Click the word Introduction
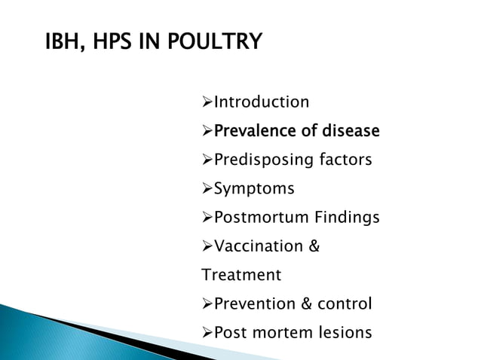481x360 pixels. tap(262, 102)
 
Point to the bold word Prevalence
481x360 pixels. tap(256, 132)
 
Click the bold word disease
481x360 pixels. tap(346, 132)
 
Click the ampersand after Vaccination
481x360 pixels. tap(314, 247)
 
